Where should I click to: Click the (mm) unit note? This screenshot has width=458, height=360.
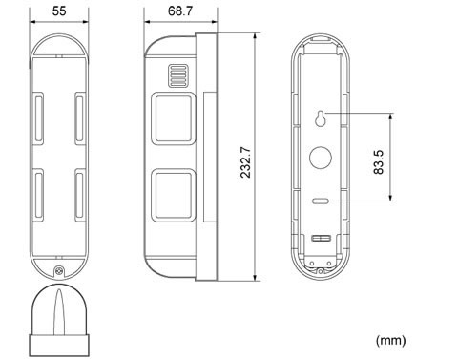coord(392,339)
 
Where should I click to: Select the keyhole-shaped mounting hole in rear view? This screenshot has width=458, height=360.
coord(323,116)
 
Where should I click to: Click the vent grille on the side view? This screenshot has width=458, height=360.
coord(176,74)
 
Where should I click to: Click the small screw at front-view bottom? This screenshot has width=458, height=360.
coord(60,272)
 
